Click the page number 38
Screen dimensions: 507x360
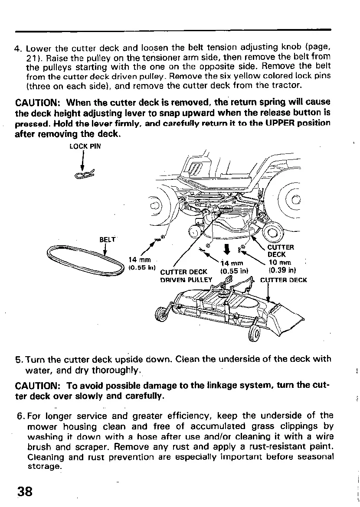tap(25, 491)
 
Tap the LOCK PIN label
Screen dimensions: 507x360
tap(85, 146)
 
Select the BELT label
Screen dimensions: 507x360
tap(108, 239)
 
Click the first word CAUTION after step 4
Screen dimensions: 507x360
tap(38, 103)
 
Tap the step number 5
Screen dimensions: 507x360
tap(18, 359)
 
